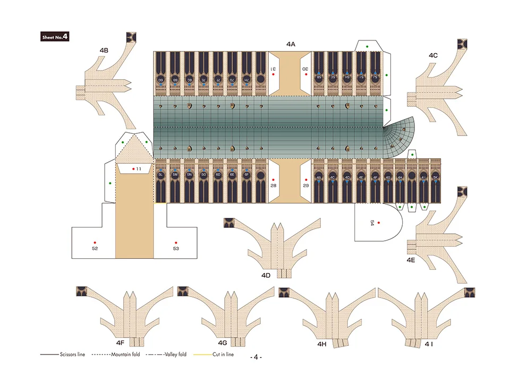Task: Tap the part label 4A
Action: click(291, 44)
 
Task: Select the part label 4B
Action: click(104, 50)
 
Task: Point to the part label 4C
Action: click(433, 55)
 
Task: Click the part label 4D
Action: click(266, 275)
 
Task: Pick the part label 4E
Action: click(411, 260)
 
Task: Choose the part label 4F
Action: click(120, 343)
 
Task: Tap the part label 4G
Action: click(222, 343)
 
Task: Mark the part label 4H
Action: click(322, 344)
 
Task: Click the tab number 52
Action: click(95, 248)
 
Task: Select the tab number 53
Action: click(176, 248)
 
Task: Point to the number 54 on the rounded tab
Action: click(372, 223)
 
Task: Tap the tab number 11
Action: click(138, 168)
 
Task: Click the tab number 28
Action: click(273, 185)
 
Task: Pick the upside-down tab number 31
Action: click(273, 69)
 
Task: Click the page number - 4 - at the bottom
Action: click(256, 356)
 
